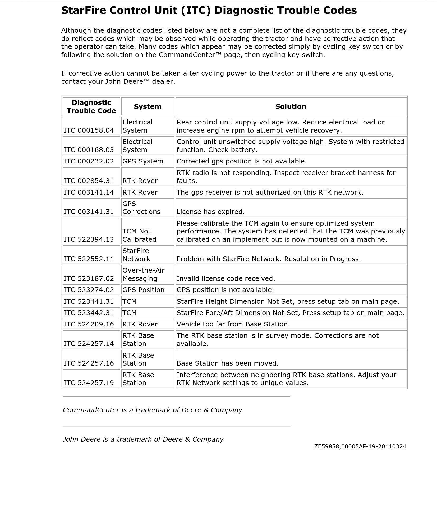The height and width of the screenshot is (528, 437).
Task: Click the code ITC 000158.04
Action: coord(89,130)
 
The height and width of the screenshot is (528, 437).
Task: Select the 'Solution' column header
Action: coord(291,106)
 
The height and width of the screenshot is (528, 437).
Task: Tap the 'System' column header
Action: coord(148,106)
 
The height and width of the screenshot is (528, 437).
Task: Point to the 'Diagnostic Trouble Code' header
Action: coord(91,106)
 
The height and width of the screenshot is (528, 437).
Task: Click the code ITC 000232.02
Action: coord(89,161)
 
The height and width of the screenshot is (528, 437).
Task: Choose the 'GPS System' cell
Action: coord(143,161)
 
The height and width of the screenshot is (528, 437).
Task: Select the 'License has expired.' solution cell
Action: coord(210,212)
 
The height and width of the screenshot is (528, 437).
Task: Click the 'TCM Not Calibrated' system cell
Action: coord(139,235)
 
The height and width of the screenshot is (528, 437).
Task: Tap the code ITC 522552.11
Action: coord(89,259)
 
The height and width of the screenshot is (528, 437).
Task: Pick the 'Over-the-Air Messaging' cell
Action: coord(143,274)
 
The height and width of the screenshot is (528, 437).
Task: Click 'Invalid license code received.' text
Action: coord(226,278)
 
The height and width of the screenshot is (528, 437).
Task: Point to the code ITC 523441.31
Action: coord(89,301)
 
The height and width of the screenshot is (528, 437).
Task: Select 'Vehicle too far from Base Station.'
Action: coord(233,324)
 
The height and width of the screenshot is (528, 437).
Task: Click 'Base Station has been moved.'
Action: coord(227,363)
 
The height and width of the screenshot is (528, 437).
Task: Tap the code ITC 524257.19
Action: coord(89,383)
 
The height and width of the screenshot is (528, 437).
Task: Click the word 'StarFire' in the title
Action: coord(83,10)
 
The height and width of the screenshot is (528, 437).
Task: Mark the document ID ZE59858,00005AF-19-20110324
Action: coord(360,446)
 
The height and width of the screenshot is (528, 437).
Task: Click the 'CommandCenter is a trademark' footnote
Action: coord(152,410)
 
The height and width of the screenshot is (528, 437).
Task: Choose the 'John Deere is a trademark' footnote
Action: coord(143,439)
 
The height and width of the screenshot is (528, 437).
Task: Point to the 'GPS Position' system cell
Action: coord(143,290)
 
